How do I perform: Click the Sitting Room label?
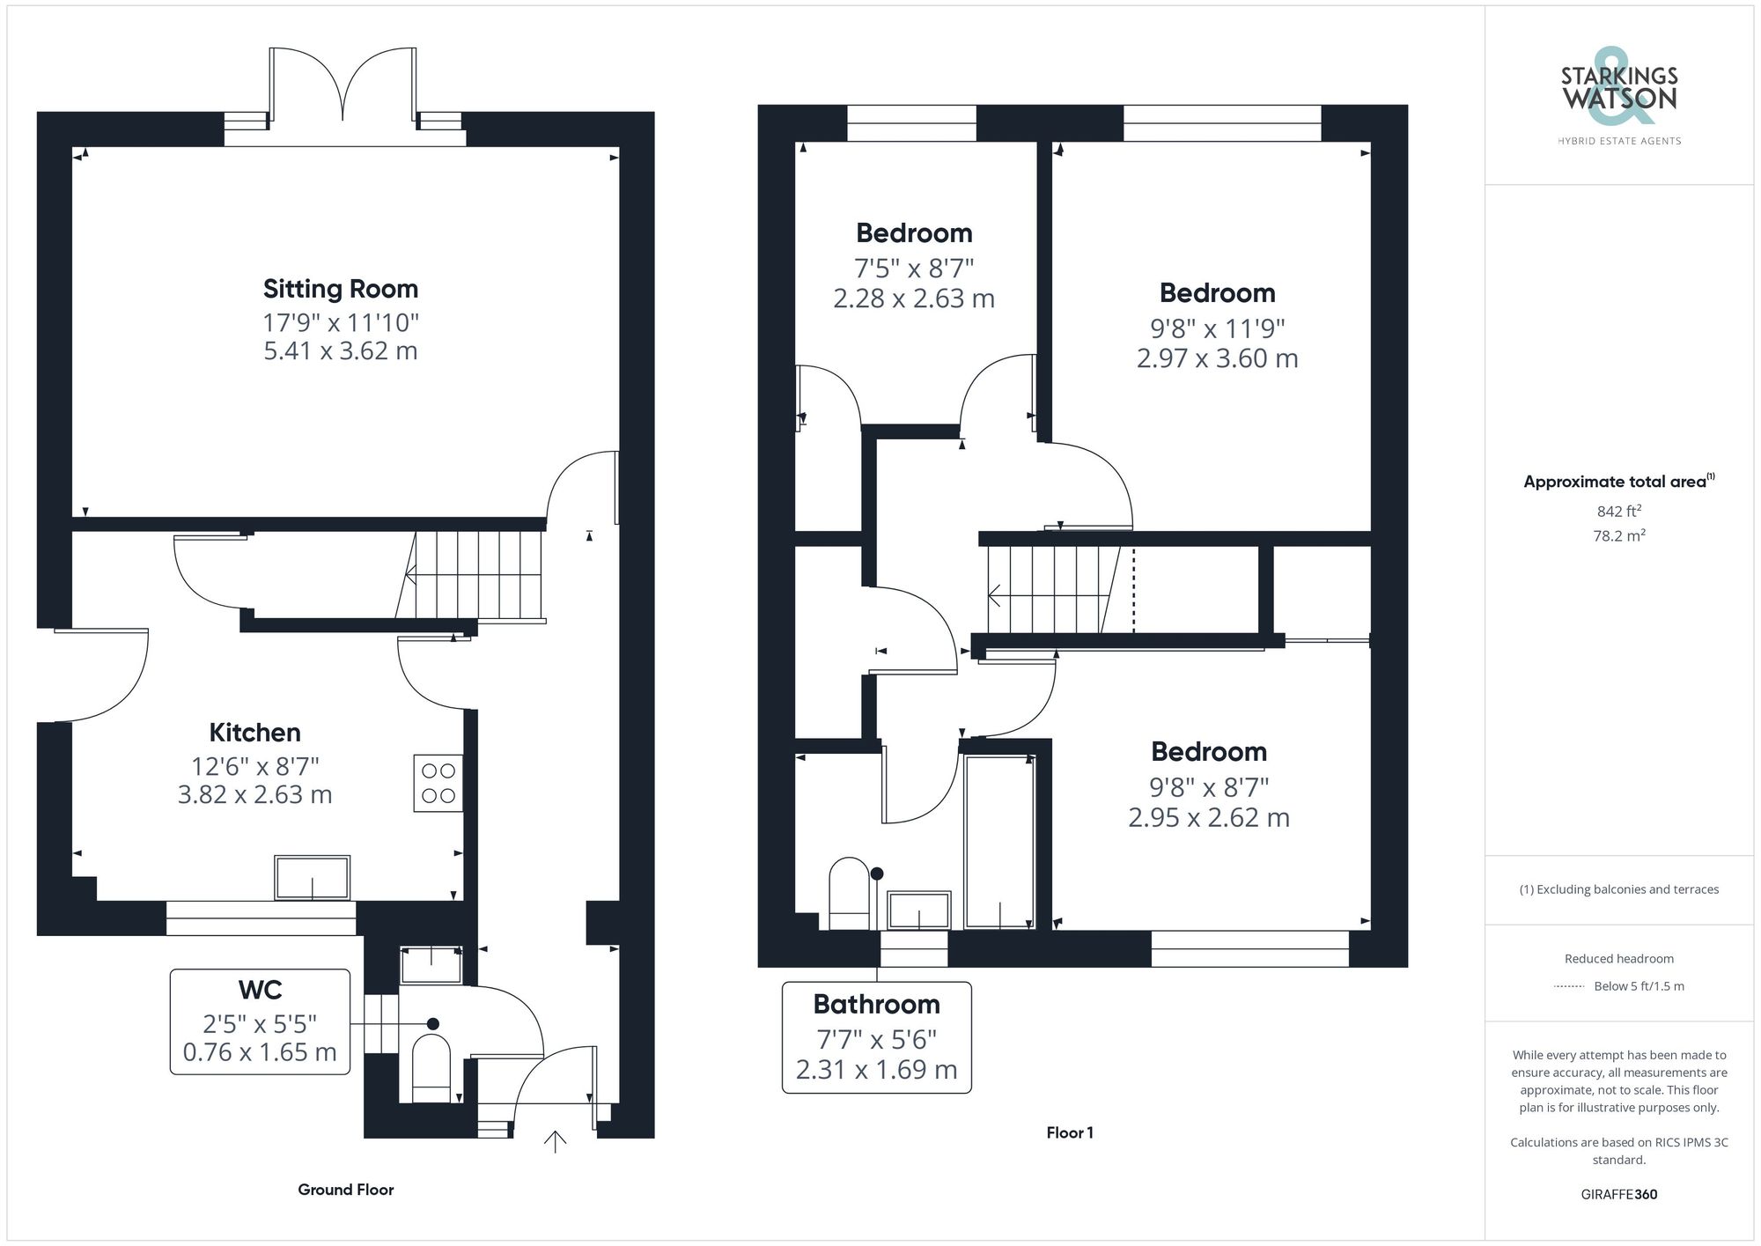[341, 289]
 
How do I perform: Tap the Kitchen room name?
[254, 733]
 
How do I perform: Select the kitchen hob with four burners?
[438, 783]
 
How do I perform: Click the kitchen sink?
[312, 878]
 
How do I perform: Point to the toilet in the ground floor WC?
[431, 1068]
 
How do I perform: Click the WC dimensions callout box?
[260, 1021]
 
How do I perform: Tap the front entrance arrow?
[555, 1141]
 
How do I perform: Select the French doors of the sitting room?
[343, 84]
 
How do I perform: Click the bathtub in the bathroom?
[999, 841]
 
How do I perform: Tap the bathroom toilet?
[849, 893]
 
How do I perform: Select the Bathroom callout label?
[877, 1037]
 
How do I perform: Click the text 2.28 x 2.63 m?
[914, 299]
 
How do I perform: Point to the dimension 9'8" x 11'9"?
[1218, 328]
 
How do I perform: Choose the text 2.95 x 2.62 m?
[1209, 818]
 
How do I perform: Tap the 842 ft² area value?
[1619, 511]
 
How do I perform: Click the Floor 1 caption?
[1070, 1132]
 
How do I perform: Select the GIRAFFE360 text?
[1619, 1194]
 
